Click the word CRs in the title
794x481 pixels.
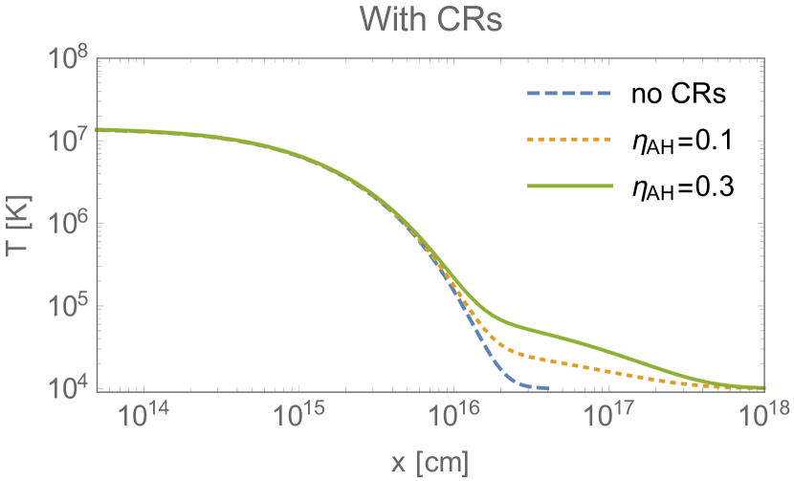click(x=471, y=20)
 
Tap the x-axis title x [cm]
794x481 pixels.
click(x=430, y=463)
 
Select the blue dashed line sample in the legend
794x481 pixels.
click(x=569, y=94)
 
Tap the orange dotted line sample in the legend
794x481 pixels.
click(x=569, y=140)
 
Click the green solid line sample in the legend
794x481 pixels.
click(x=569, y=186)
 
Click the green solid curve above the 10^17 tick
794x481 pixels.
click(x=610, y=350)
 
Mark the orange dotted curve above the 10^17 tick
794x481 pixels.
click(x=610, y=370)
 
